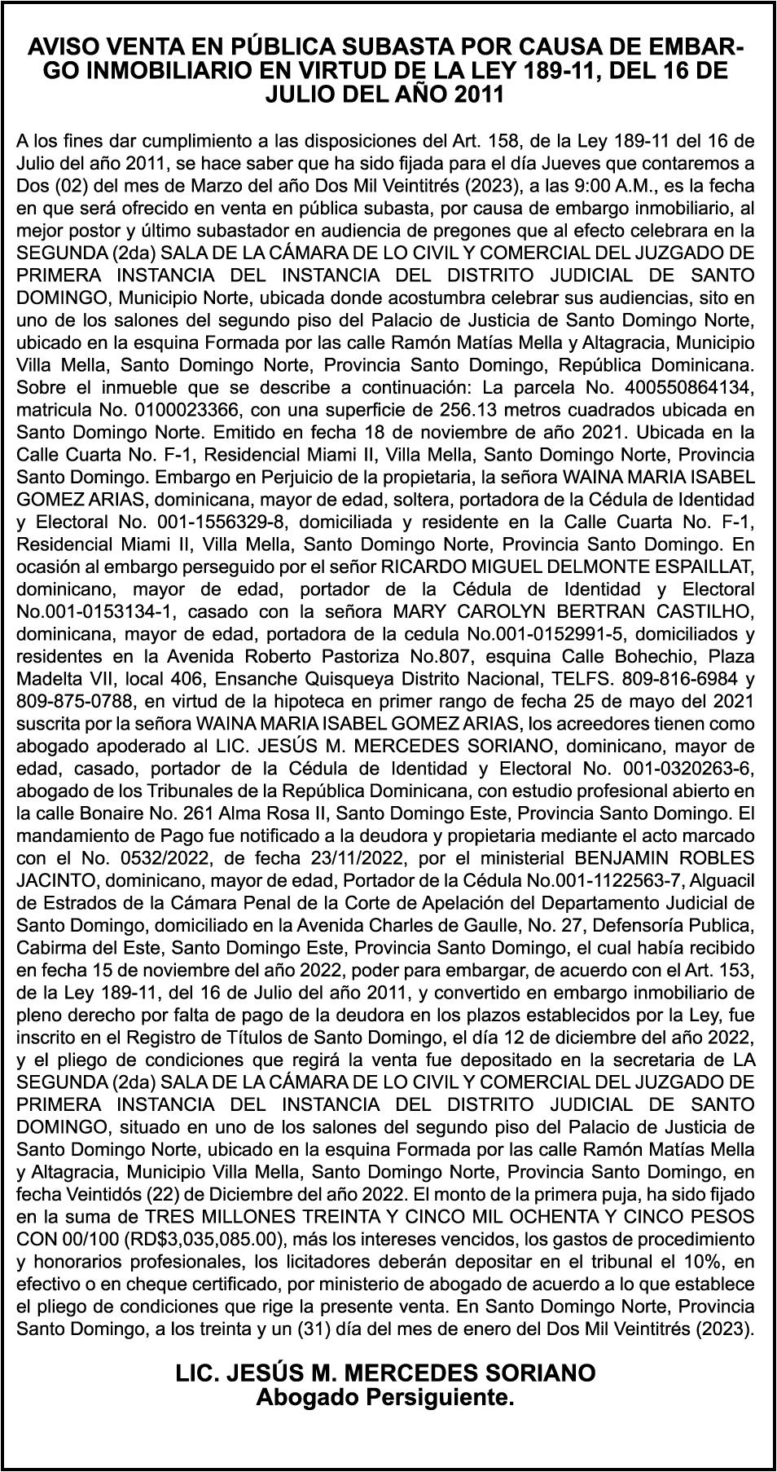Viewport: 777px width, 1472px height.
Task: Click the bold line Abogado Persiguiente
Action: click(386, 1398)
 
